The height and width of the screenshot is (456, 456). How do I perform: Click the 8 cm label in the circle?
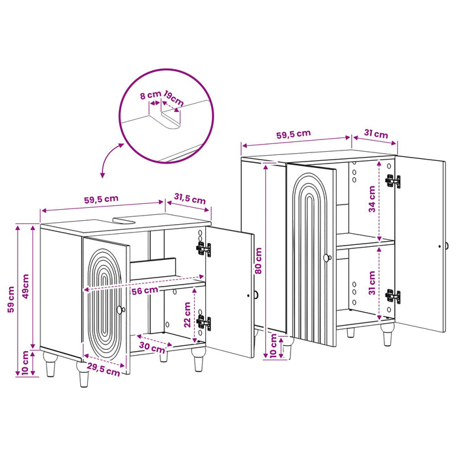pos(150,94)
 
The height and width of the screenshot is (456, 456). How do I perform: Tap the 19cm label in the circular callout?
pos(174,98)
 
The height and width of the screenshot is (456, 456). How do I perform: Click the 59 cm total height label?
pos(11,299)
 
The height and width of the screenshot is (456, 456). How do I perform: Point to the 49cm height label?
pos(26,286)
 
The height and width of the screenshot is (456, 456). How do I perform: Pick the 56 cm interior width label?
pos(145,291)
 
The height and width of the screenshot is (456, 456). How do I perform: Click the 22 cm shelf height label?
pos(188,315)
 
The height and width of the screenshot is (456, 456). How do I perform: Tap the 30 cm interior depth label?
pos(152,347)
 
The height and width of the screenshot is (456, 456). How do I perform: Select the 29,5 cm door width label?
pos(104,369)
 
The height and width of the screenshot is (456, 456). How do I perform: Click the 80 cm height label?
pos(258,261)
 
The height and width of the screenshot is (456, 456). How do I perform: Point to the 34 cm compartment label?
pos(372,199)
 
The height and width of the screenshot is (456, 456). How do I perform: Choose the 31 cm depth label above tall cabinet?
pos(376,134)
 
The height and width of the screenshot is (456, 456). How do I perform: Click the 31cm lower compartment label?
pos(372,283)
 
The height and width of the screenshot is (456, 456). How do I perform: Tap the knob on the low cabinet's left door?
pos(121,310)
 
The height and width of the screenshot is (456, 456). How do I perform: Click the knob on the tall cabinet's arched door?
pos(327,258)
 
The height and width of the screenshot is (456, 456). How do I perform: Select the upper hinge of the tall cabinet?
pos(393,181)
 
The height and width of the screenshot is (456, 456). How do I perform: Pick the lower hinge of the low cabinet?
pos(204,323)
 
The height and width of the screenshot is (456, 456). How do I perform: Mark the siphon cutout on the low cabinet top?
pos(125,220)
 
